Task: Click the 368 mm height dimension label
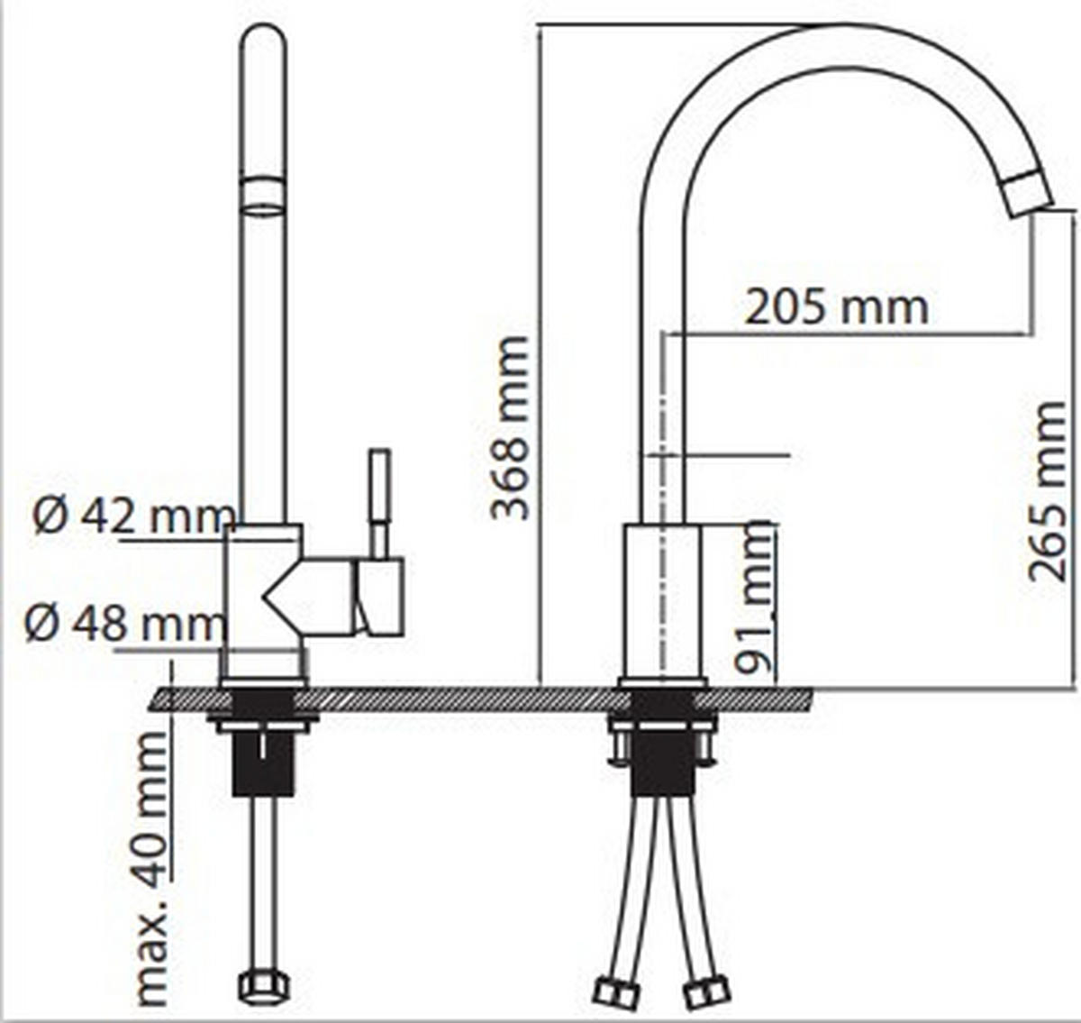[x=510, y=428]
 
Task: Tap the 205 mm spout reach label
[x=836, y=307]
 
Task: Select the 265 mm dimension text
[x=1048, y=491]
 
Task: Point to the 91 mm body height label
[x=755, y=597]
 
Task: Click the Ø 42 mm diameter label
[x=133, y=516]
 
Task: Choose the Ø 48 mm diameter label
[x=124, y=623]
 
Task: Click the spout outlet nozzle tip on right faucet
[x=1028, y=192]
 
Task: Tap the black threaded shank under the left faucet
[x=263, y=763]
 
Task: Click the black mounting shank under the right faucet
[x=662, y=762]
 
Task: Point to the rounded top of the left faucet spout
[x=263, y=41]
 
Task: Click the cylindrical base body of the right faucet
[x=662, y=599]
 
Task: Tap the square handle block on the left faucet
[x=380, y=596]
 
